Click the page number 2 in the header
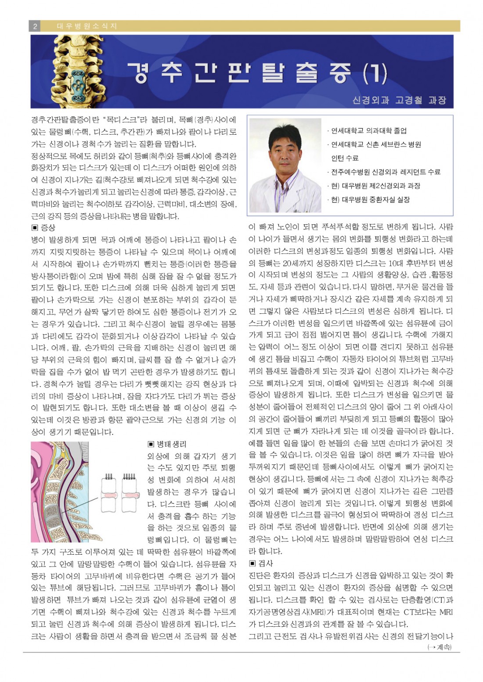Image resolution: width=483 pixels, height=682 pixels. [x=35, y=26]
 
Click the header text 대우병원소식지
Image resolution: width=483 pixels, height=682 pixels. [x=87, y=26]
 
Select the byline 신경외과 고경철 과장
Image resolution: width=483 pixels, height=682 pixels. [x=399, y=100]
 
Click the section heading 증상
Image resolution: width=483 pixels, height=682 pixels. [x=44, y=228]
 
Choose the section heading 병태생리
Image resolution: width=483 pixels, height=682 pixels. [x=167, y=444]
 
